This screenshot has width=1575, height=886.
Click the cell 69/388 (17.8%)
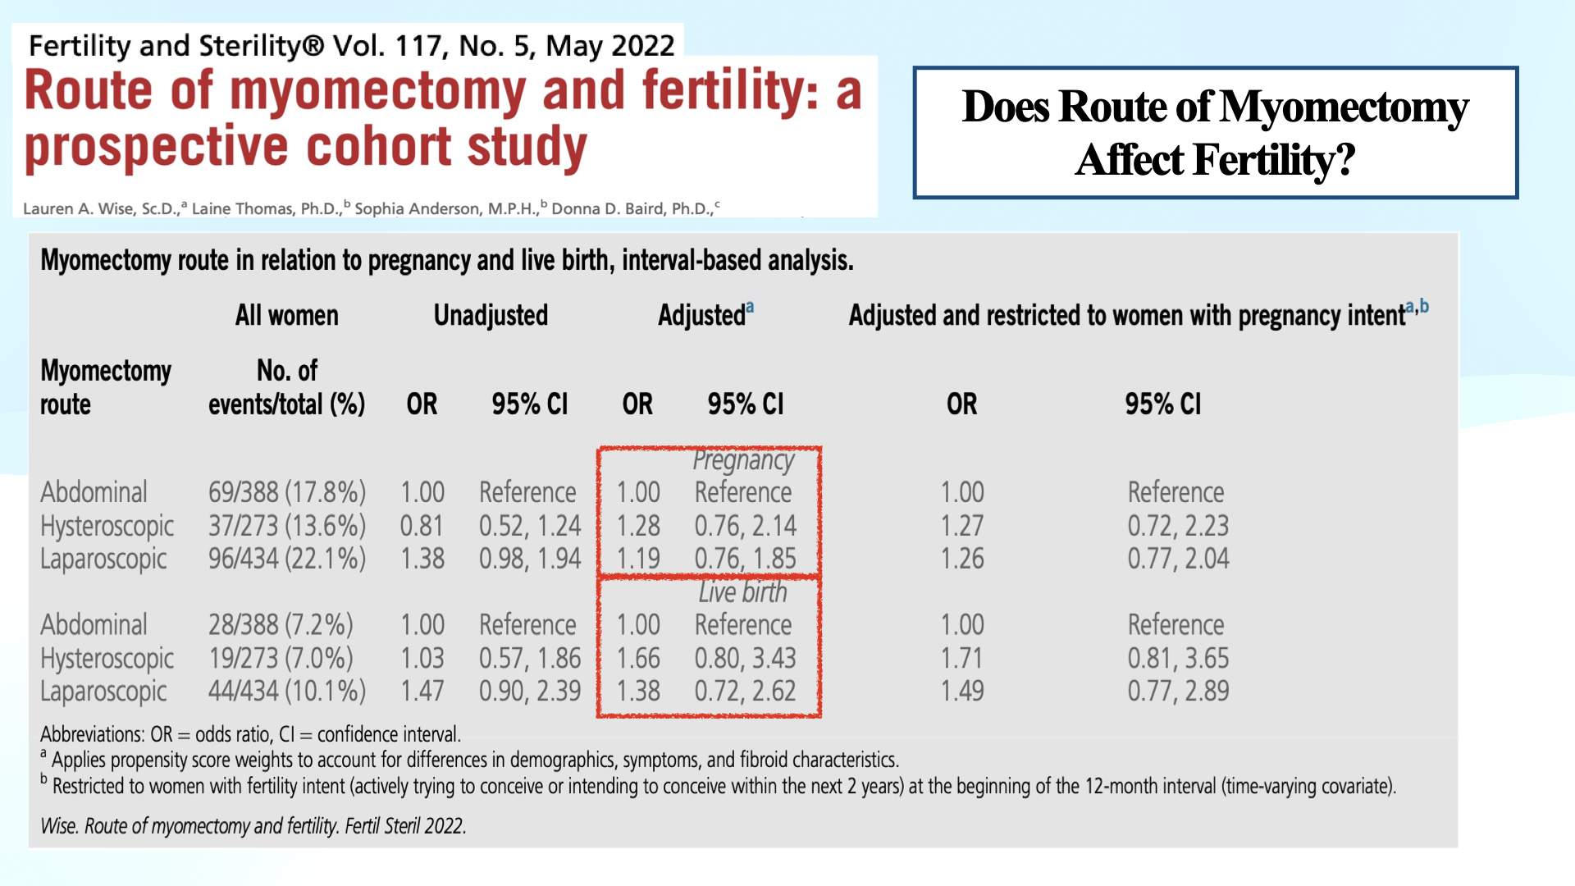point(286,492)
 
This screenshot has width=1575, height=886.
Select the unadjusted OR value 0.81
point(422,526)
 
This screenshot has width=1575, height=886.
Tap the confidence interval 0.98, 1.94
point(530,559)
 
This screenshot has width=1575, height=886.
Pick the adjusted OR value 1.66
point(637,658)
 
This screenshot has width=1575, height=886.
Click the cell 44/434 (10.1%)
point(286,692)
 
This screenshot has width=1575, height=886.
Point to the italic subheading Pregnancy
point(743,460)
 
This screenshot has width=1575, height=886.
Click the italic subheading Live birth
point(742,592)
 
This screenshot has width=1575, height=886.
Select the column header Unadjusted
point(491,315)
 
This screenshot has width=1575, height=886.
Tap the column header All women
point(286,315)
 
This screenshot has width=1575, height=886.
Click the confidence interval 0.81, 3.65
point(1178,658)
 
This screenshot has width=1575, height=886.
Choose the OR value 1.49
point(961,692)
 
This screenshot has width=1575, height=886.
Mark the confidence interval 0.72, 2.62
point(745,692)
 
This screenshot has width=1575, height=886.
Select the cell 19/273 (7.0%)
point(280,658)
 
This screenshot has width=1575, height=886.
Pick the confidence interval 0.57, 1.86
point(530,658)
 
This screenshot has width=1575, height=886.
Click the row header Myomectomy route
point(105,387)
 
